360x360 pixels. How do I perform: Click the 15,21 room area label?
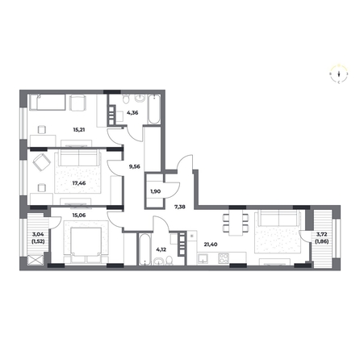point(79,130)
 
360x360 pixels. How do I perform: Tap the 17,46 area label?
point(79,183)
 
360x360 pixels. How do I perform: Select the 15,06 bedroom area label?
point(79,215)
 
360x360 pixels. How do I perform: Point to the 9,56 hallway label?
point(135,166)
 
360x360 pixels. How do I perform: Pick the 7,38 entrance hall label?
point(180,207)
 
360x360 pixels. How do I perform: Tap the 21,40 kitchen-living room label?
point(211,245)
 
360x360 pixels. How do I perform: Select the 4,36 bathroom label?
point(132,113)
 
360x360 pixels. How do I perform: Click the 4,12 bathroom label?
point(161,249)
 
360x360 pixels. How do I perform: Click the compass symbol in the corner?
point(339,73)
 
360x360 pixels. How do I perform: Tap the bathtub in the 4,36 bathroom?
point(154,109)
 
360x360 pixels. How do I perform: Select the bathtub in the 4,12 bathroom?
point(144,249)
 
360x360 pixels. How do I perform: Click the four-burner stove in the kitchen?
point(224,258)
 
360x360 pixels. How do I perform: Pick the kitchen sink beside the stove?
point(203,259)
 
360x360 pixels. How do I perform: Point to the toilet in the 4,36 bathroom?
point(126,98)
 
